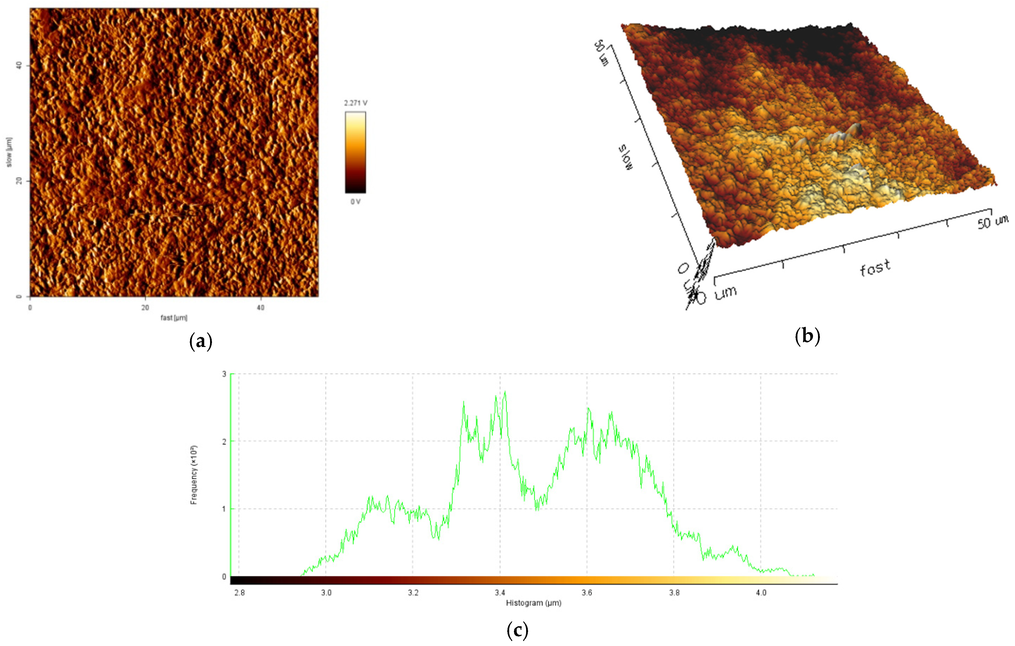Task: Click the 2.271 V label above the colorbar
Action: pos(355,103)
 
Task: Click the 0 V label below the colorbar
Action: pos(355,202)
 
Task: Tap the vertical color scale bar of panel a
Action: pos(355,152)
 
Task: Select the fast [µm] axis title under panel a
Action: pos(174,318)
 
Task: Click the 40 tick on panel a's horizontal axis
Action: pos(260,308)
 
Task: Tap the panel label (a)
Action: pos(201,341)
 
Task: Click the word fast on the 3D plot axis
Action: pos(875,268)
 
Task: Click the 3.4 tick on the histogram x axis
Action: pos(500,593)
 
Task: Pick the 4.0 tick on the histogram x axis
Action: pos(761,593)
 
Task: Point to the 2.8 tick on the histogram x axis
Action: pos(239,593)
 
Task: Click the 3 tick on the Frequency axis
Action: pos(224,374)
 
